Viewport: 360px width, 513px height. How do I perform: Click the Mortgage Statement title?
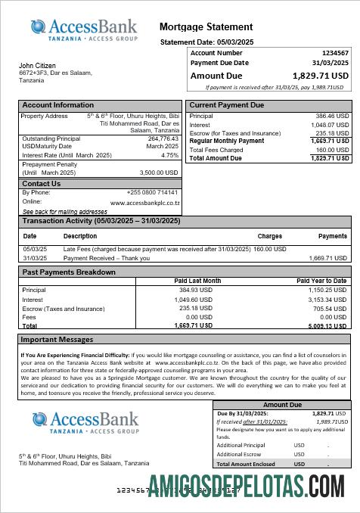coord(206,27)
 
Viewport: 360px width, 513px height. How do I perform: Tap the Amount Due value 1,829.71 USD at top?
coord(321,76)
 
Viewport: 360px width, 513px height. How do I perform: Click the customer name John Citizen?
coord(37,66)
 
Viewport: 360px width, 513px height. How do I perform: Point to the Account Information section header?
coord(58,105)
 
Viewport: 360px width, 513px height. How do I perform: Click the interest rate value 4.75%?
coord(170,155)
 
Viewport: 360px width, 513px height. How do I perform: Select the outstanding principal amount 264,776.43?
coord(163,138)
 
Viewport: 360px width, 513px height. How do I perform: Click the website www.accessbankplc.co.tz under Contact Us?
coord(144,203)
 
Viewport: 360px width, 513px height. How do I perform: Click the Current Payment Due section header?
coord(227,105)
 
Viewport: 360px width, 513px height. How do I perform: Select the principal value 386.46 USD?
coord(332,117)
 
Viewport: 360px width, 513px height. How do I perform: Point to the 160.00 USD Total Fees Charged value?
coord(332,150)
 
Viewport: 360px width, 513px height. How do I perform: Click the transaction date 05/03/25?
coord(35,249)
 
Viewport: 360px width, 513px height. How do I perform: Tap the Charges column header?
coord(269,236)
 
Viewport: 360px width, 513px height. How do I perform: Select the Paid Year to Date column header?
coord(321,281)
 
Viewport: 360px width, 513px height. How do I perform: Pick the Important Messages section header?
coord(57,340)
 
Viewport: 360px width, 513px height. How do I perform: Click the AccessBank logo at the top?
coord(84,30)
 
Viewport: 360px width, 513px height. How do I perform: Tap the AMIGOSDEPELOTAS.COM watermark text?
coord(247,483)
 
